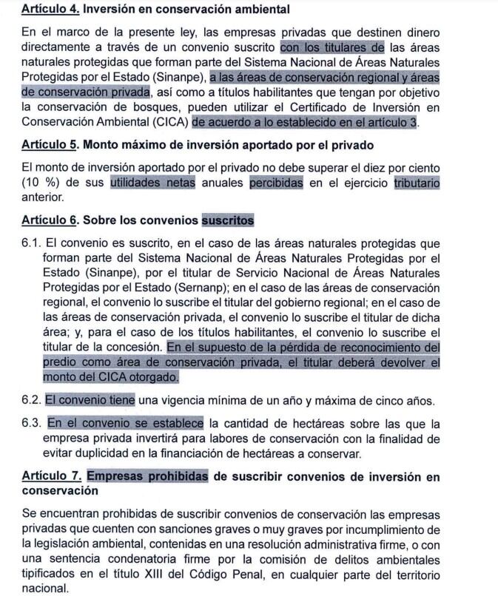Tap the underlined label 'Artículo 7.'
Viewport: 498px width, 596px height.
pos(51,477)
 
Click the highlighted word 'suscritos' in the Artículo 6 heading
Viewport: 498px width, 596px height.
pos(228,220)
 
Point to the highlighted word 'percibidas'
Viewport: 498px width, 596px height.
pos(276,183)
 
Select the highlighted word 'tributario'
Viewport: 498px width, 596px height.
pos(417,183)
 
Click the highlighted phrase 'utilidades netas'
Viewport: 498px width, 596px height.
pos(152,183)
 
